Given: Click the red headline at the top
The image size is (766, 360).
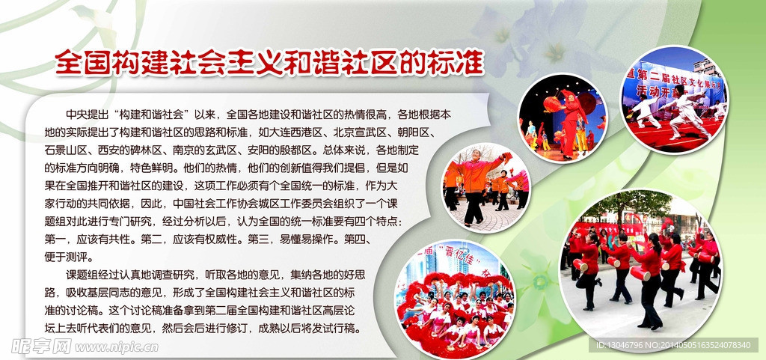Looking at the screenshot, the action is pyautogui.click(x=269, y=63).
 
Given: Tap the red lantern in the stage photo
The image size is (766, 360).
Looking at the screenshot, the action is pyautogui.click(x=552, y=103).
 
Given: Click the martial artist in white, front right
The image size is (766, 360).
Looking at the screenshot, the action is pyautogui.click(x=688, y=112).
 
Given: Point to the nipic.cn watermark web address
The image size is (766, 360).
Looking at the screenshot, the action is pyautogui.click(x=117, y=347).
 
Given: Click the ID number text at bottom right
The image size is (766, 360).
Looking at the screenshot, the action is pyautogui.click(x=672, y=345).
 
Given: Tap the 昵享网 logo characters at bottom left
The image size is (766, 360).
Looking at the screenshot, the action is pyautogui.click(x=41, y=347).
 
